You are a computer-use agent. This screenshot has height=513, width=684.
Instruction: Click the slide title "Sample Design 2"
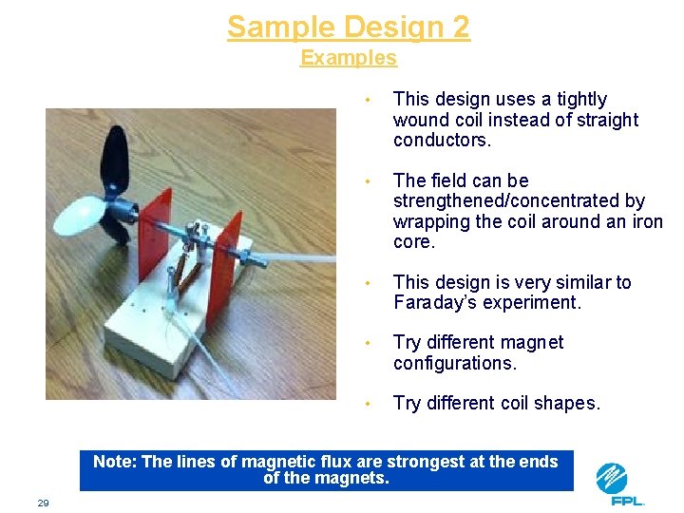pos(348,27)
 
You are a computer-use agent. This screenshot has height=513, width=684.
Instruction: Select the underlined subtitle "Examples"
pos(348,58)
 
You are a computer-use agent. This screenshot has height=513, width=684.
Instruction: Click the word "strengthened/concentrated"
pos(519,201)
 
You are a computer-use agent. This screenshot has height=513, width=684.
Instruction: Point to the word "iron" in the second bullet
pos(645,222)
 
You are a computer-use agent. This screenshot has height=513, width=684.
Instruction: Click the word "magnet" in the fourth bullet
pos(533,342)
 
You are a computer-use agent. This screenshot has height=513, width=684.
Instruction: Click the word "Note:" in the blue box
pos(115,462)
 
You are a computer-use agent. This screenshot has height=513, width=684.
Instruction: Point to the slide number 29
pos(43,503)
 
